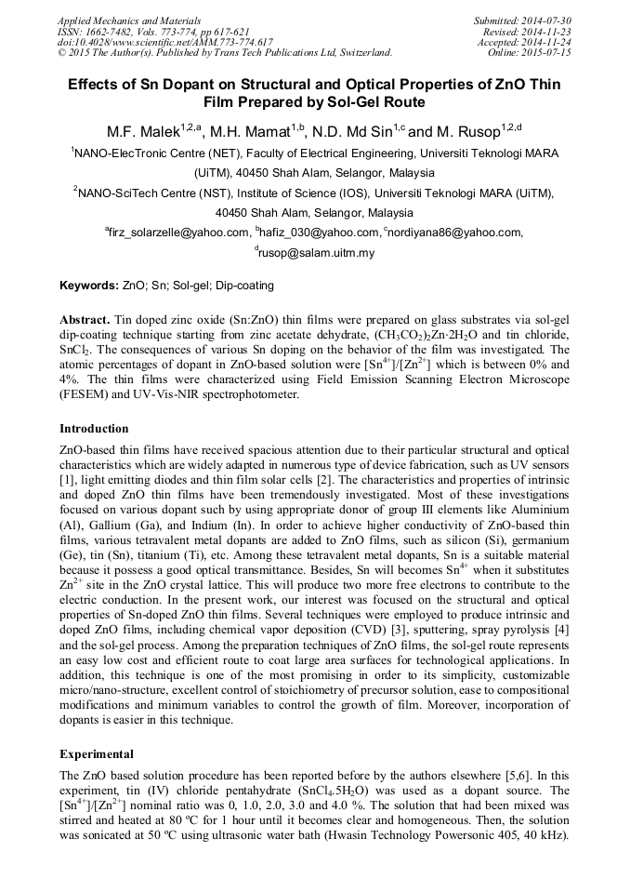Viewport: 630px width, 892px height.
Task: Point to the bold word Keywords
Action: [x=88, y=286]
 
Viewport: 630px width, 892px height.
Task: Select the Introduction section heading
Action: [x=94, y=429]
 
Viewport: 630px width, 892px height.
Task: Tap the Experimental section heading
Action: [x=97, y=753]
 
